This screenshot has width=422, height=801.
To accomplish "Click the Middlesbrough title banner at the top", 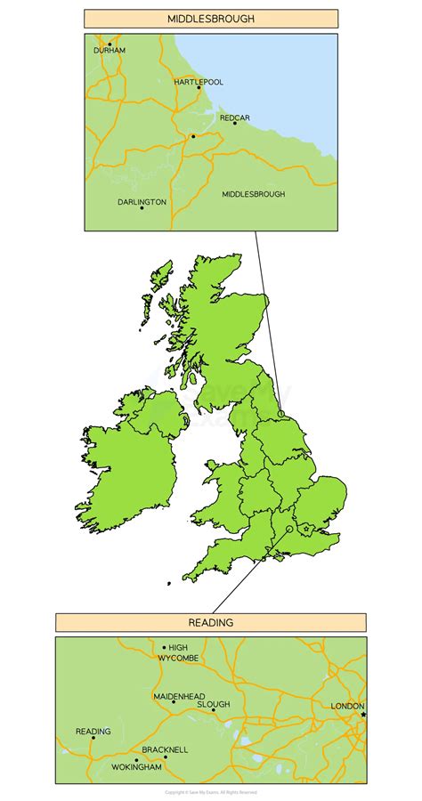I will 211,19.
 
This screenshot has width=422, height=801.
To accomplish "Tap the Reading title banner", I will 211,623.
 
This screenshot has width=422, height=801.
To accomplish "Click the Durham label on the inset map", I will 110,51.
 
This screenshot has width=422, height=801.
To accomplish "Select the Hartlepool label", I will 199,81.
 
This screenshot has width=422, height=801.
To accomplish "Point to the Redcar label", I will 235,116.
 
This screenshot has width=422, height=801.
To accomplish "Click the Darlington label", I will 142,202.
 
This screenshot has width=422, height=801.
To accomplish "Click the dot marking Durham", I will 110,43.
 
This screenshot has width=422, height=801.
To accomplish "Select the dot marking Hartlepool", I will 199,88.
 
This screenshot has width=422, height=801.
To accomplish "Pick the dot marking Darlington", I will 142,209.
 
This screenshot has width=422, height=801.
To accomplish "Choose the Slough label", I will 214,704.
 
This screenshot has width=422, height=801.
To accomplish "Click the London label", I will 347,706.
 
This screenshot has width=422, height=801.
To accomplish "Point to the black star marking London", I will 363,714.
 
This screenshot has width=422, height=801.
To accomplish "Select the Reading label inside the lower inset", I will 93,732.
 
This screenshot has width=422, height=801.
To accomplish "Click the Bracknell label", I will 165,750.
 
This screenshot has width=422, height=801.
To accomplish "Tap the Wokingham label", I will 136,766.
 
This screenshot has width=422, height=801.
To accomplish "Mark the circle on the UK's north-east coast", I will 281,413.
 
